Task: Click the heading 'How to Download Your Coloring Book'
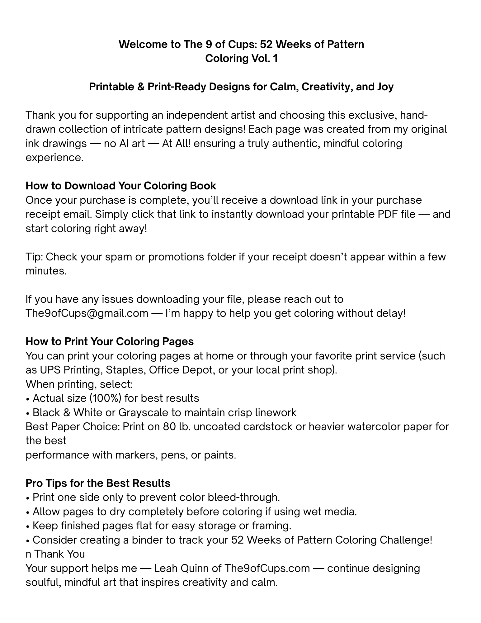coord(121,186)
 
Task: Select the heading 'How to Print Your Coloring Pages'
coord(110,341)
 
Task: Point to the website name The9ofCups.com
coord(267,568)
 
